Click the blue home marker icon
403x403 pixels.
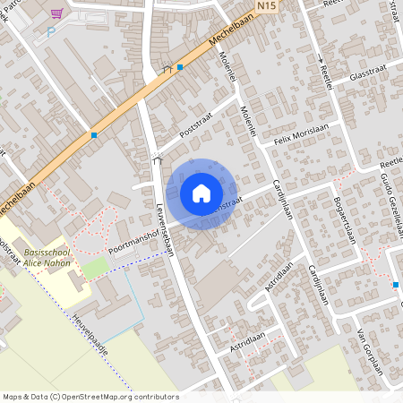[x=201, y=193]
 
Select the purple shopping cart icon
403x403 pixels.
[x=57, y=13]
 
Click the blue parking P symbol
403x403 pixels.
[x=50, y=31]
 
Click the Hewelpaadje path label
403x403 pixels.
[x=90, y=333]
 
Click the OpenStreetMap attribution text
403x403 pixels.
[x=90, y=396]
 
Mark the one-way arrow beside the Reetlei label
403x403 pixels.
[x=321, y=59]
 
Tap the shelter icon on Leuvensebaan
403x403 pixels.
[x=159, y=160]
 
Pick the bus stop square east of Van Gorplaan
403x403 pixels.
[x=395, y=285]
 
